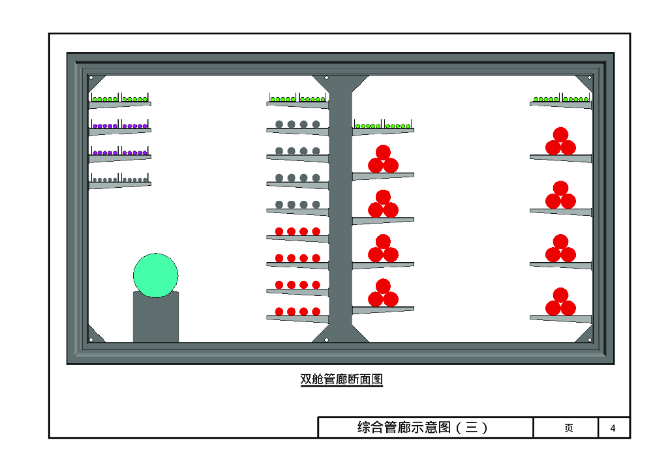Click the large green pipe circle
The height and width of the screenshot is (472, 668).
pyautogui.click(x=156, y=275)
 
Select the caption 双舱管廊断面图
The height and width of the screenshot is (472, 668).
pyautogui.click(x=341, y=379)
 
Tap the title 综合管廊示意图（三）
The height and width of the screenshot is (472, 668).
pyautogui.click(x=423, y=428)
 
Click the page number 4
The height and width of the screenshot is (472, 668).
pyautogui.click(x=613, y=428)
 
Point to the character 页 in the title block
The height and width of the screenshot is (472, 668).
pyautogui.click(x=568, y=428)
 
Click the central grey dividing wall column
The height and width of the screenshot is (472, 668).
pyautogui.click(x=341, y=209)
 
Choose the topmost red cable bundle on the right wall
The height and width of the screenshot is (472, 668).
pyautogui.click(x=560, y=142)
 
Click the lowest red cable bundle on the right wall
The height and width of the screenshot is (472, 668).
pyautogui.click(x=560, y=302)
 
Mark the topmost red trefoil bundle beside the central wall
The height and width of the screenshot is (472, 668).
pyautogui.click(x=383, y=160)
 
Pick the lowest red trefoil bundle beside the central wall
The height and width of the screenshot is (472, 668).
pyautogui.click(x=383, y=293)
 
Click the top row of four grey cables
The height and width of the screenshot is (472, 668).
pyautogui.click(x=297, y=124)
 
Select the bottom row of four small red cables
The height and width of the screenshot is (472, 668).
pyautogui.click(x=297, y=312)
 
